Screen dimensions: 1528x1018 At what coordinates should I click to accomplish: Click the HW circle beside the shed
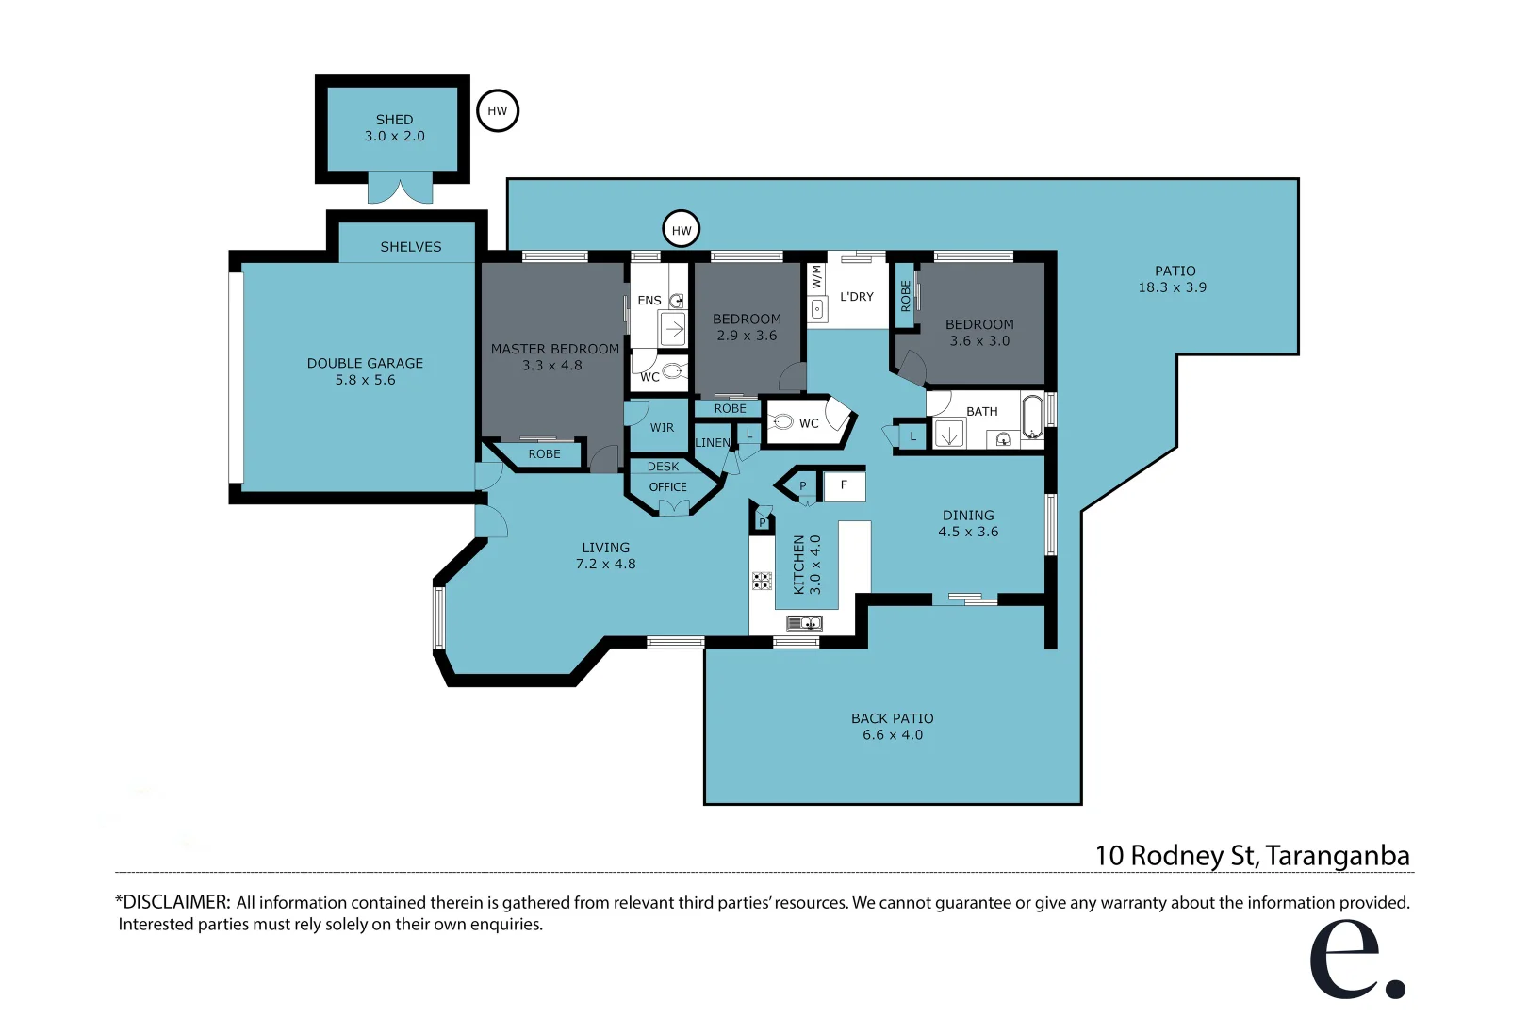498,110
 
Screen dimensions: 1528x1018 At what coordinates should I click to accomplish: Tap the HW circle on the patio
682,230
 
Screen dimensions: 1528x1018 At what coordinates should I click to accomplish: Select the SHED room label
394,120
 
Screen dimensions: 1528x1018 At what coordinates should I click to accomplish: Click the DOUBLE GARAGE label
365,363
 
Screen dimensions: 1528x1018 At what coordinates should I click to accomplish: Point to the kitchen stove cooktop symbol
762,581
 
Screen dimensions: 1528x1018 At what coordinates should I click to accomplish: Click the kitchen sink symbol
804,622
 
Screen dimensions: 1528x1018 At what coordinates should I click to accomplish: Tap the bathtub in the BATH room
1032,416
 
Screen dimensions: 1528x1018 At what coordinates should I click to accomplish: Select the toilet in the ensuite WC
673,371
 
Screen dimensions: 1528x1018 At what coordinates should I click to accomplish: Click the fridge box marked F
845,485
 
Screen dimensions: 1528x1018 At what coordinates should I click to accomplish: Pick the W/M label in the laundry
816,277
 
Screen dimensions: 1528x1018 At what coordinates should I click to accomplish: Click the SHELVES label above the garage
411,246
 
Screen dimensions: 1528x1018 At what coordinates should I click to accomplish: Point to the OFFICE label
667,486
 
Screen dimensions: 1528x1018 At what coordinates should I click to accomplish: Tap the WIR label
662,427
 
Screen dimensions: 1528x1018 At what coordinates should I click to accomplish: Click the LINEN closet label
713,442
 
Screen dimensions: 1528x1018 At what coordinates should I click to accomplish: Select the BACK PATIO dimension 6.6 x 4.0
893,735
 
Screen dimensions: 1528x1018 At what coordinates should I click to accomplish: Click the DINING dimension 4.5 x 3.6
968,532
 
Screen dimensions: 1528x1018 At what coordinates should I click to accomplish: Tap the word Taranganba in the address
1337,856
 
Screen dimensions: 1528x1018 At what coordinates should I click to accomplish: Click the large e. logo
1356,958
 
